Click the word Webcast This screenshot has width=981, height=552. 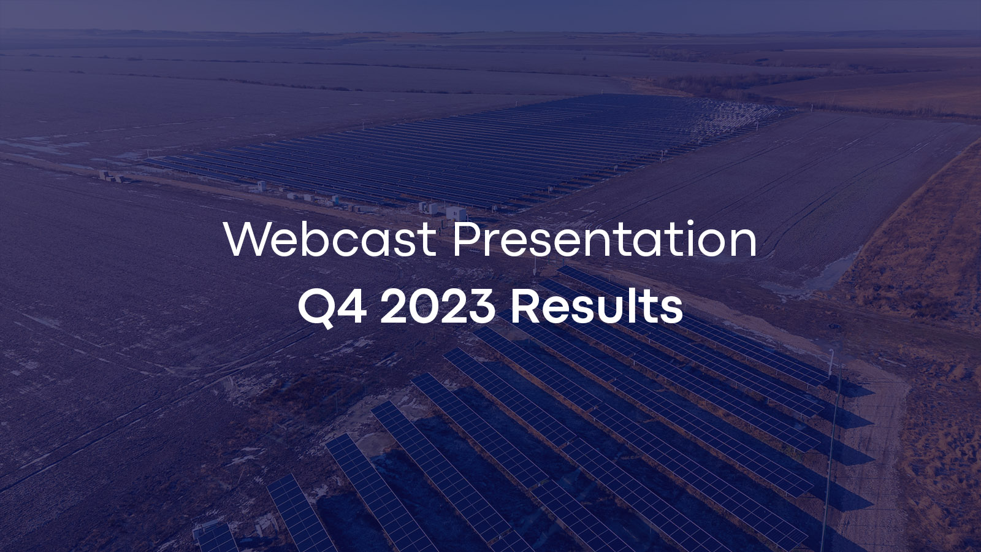click(330, 239)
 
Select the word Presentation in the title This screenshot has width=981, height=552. click(605, 239)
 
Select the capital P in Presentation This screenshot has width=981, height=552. click(467, 239)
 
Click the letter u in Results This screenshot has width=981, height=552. click(616, 309)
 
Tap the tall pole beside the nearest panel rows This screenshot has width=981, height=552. click(829, 429)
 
